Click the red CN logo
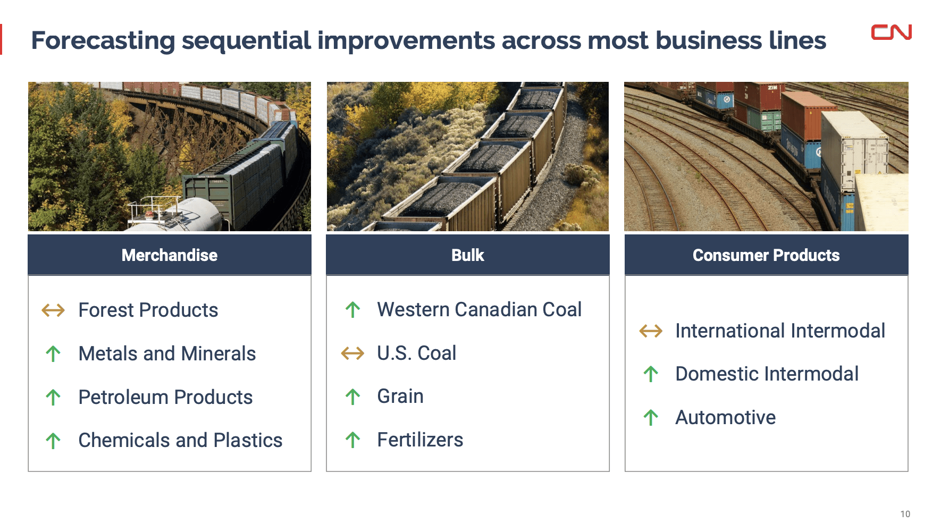click(x=891, y=32)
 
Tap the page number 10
click(x=905, y=514)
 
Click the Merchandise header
click(x=169, y=255)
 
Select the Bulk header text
click(x=467, y=255)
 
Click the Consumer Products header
click(x=766, y=255)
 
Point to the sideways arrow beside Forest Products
click(x=53, y=310)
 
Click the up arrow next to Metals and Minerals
click(x=53, y=353)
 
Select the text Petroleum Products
click(x=165, y=397)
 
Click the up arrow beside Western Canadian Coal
click(x=352, y=309)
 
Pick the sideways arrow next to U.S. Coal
click(x=352, y=353)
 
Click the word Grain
click(x=400, y=396)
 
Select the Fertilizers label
click(x=420, y=440)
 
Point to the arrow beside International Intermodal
click(x=651, y=331)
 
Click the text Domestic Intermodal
click(x=767, y=374)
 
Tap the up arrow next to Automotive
click(x=651, y=417)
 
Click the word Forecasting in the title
click(x=103, y=41)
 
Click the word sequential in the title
click(x=246, y=41)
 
